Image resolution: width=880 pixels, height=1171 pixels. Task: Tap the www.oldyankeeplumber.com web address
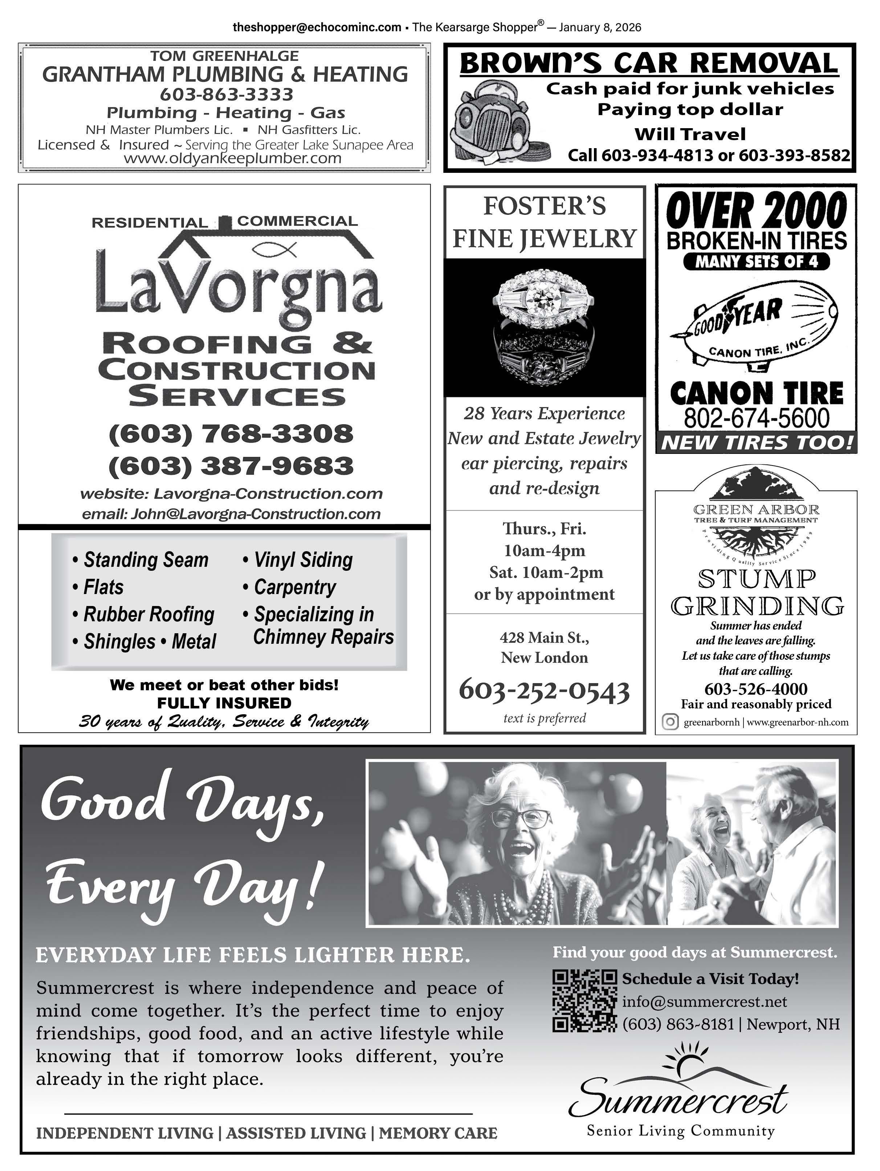pyautogui.click(x=232, y=158)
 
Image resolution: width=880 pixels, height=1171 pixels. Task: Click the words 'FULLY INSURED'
pyautogui.click(x=224, y=703)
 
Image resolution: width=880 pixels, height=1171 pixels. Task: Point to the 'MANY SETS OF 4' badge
pyautogui.click(x=756, y=261)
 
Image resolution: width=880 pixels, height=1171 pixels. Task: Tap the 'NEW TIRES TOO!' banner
pyautogui.click(x=756, y=443)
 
